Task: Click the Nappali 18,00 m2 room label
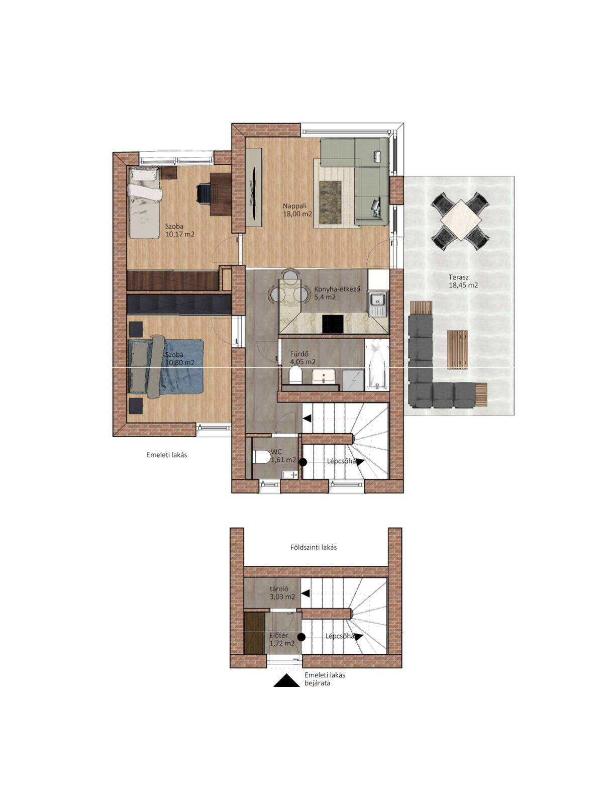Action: [297, 210]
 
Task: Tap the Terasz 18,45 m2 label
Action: [463, 281]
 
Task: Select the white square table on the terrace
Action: [461, 220]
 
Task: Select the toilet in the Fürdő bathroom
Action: [295, 376]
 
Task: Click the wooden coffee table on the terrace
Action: [458, 349]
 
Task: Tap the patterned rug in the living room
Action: [331, 202]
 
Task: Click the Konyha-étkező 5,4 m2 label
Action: [337, 293]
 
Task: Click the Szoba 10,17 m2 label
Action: [179, 231]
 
